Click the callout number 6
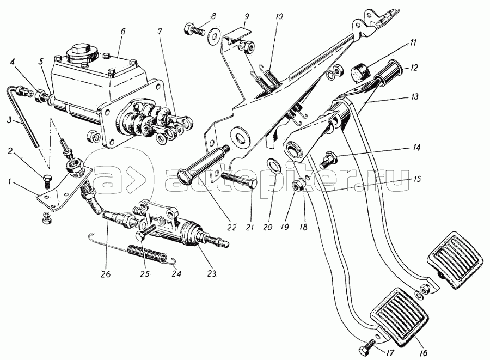click(122, 31)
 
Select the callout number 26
click(106, 274)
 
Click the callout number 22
click(232, 227)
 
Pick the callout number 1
click(11, 181)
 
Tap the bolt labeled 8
click(195, 30)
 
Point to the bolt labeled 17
click(367, 349)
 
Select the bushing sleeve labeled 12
click(388, 71)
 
